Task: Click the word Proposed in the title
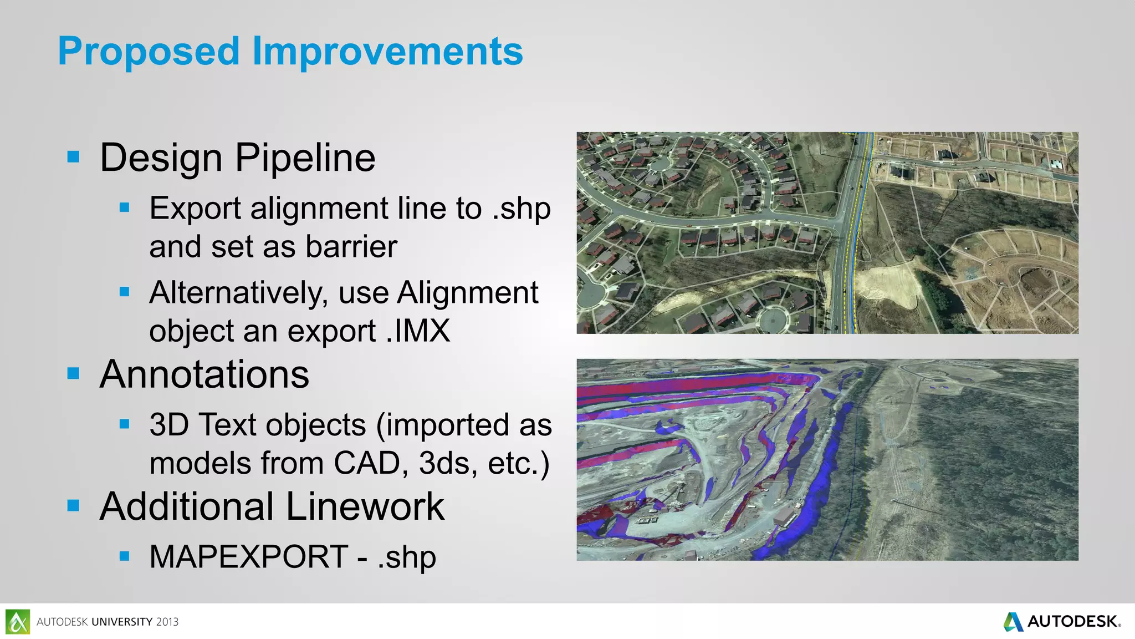149,52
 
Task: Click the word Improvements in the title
387,52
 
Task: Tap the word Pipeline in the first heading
305,158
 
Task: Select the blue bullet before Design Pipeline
73,156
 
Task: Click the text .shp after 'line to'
522,209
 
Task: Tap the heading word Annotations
204,374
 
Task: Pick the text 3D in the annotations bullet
169,425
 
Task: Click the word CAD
366,463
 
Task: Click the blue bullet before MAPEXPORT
124,556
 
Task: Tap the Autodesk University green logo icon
18,622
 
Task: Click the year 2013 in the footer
167,622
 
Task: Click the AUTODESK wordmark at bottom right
1072,622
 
